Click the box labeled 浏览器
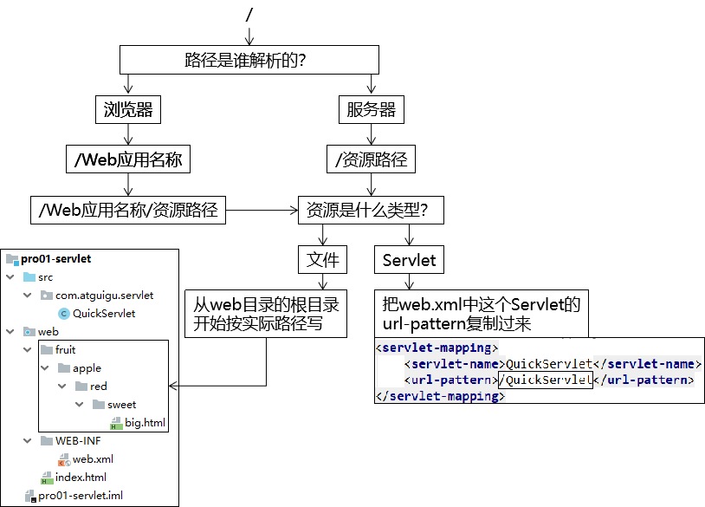point(128,109)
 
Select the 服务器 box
point(372,109)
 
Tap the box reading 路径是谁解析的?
point(249,60)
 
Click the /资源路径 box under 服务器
point(371,159)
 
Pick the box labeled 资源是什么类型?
point(371,210)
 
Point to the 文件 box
point(323,260)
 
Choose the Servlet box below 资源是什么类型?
point(409,260)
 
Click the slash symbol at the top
point(249,15)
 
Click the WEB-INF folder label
point(78,441)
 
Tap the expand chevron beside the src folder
point(10,277)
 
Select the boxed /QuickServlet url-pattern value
point(546,380)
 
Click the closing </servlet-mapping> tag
point(440,396)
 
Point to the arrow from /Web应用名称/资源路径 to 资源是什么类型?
point(262,210)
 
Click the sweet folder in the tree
point(121,405)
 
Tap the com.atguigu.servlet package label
point(104,296)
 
